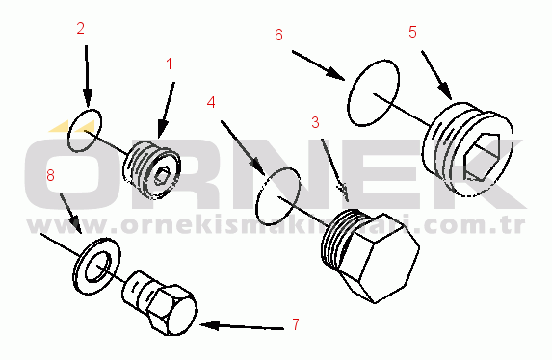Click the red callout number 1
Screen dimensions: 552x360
[x=170, y=64]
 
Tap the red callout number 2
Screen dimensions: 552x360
[x=81, y=29]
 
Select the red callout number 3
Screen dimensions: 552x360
[x=315, y=122]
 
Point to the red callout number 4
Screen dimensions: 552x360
[x=211, y=102]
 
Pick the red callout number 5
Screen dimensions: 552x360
[x=412, y=32]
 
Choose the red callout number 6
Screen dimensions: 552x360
[x=278, y=36]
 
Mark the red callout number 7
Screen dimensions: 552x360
[x=296, y=324]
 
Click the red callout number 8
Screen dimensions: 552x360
[x=51, y=175]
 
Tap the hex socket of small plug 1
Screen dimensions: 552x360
[x=161, y=176]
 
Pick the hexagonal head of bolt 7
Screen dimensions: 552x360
[x=171, y=310]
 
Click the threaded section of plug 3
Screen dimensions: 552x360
[x=336, y=238]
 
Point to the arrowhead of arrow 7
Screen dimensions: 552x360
[x=209, y=325]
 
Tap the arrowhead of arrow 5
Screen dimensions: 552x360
[x=445, y=91]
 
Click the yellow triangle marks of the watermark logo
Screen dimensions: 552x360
[x=72, y=126]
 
